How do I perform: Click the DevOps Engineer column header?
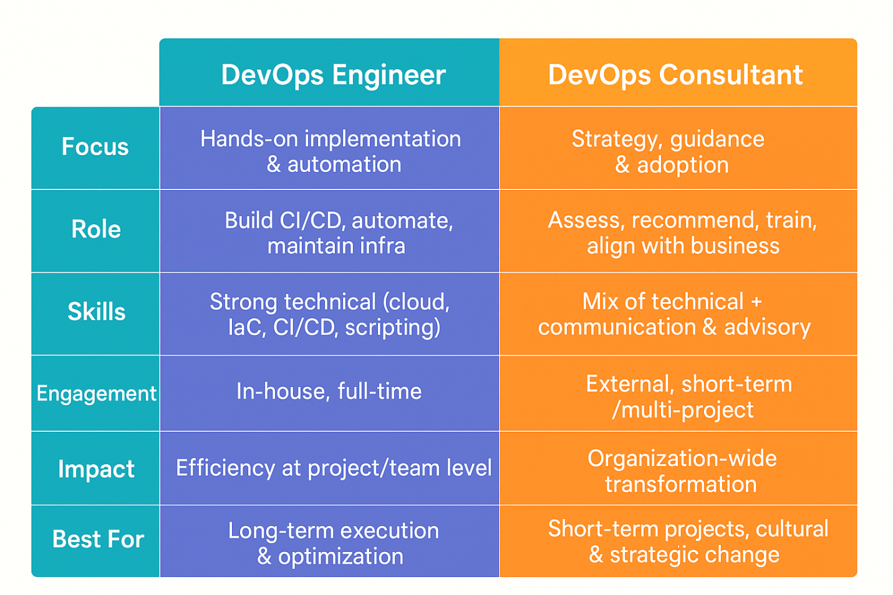coord(333,75)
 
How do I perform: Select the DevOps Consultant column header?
coord(675,75)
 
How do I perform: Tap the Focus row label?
coord(95,146)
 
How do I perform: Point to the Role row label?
coord(96,229)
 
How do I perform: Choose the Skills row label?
coord(97,311)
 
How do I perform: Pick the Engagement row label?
coord(97,394)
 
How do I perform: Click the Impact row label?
coord(96,469)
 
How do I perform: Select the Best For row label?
coord(98,540)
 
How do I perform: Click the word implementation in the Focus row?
coord(383,140)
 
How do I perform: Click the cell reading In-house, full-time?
coord(329,391)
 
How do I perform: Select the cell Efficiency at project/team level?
coord(334,469)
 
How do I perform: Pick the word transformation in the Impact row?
coord(681,484)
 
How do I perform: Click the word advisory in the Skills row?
coord(768,328)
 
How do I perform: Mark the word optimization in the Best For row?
coord(341,556)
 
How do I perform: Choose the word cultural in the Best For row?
coord(792,529)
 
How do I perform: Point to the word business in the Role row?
coord(735,245)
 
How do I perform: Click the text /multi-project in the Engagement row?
coord(683,410)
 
